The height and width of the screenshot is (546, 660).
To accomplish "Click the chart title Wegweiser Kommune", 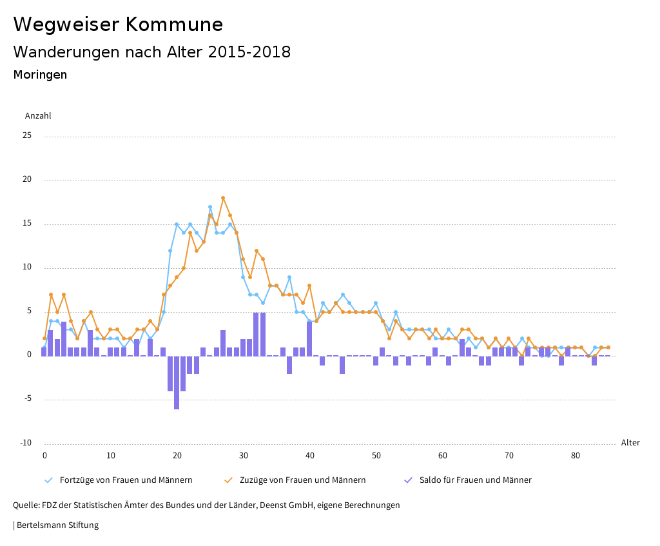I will click(x=118, y=24).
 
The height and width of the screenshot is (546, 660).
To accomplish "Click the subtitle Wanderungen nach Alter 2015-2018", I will click(x=151, y=52).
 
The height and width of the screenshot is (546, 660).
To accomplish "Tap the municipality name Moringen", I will click(x=40, y=75).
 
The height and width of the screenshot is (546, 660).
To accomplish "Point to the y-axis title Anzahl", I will click(x=38, y=116).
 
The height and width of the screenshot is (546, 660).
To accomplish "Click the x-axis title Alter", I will click(x=630, y=443).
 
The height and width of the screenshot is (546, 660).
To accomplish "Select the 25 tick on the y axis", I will click(x=27, y=136).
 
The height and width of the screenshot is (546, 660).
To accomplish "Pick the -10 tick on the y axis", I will click(x=25, y=443).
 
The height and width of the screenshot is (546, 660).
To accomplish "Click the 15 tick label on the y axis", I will click(x=27, y=224).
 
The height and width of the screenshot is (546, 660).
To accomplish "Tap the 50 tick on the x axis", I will click(x=376, y=456).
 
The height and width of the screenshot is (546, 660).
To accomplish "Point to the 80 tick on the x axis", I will click(x=576, y=456).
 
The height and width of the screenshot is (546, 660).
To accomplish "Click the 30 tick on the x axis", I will click(x=244, y=456).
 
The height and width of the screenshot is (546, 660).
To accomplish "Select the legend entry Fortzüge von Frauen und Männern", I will click(x=126, y=480).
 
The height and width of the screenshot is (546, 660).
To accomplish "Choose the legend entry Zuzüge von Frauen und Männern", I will click(x=302, y=480).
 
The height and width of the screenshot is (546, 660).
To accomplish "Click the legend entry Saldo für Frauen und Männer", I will click(x=475, y=480).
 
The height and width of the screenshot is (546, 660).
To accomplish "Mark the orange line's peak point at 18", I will click(x=223, y=198).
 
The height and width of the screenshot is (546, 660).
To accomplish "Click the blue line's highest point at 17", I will click(x=210, y=207).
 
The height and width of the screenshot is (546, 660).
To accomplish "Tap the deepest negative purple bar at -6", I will click(x=177, y=382).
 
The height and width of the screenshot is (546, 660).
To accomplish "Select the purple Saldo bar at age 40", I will click(x=309, y=338).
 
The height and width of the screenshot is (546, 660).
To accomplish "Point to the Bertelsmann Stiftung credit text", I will click(x=57, y=525).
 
